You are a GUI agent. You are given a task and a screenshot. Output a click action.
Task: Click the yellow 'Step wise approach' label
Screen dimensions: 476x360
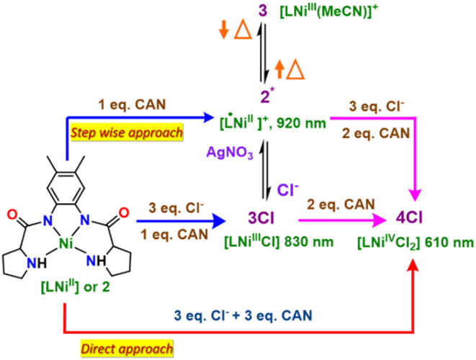click(127, 132)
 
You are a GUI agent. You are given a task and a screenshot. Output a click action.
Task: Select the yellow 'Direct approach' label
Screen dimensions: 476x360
click(127, 348)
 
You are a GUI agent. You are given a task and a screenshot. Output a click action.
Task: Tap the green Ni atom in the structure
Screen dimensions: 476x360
click(66, 243)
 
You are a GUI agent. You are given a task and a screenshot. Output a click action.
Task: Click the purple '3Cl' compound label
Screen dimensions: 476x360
click(261, 218)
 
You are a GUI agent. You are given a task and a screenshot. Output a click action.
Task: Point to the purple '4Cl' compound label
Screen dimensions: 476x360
click(409, 217)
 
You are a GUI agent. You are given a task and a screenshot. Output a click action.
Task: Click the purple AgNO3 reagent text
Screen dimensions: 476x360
click(230, 153)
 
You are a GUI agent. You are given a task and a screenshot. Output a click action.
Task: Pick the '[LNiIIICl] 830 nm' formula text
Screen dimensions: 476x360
click(279, 242)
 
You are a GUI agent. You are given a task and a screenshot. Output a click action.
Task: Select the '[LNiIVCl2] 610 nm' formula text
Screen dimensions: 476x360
click(416, 243)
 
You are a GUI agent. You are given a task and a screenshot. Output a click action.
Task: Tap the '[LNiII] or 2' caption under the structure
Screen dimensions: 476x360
click(76, 287)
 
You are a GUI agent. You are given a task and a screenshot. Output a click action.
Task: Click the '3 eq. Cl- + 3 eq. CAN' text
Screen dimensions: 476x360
click(243, 315)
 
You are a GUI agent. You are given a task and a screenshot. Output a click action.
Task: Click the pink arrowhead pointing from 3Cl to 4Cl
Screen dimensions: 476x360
click(380, 220)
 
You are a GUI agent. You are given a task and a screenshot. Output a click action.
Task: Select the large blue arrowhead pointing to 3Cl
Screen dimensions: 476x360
click(219, 221)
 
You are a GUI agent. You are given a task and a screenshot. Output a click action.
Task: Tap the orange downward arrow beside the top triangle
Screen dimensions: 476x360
click(223, 31)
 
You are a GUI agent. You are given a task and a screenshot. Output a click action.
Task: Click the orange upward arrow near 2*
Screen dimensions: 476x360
click(279, 69)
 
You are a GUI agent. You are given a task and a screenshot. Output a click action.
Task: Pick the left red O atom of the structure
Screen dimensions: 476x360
click(12, 214)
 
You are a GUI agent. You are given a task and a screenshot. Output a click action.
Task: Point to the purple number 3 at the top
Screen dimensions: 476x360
click(263, 11)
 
